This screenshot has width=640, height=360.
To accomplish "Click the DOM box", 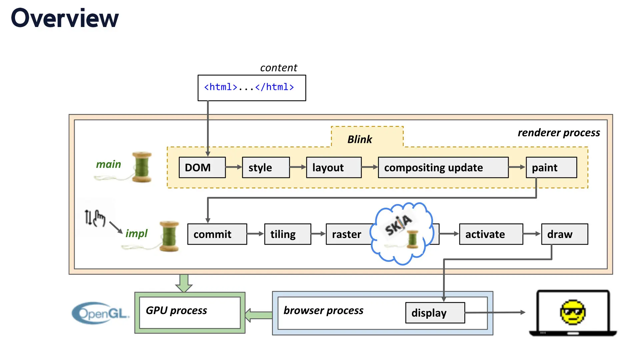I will point(202,167).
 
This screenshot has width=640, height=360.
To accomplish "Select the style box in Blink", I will point(266,167).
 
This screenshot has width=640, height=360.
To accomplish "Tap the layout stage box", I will point(333,167).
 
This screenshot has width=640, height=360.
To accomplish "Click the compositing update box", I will point(443,167).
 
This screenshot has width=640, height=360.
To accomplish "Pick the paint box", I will point(551,167).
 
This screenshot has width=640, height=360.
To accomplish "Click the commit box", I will point(217,234).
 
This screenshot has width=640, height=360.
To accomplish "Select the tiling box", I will point(287,234).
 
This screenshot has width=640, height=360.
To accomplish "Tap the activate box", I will point(491,234).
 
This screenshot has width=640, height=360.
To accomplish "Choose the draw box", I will point(564,234).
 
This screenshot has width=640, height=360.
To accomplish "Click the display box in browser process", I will point(435,313).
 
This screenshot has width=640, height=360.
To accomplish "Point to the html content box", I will point(252,88).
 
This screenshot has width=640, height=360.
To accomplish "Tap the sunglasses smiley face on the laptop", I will point(573,312).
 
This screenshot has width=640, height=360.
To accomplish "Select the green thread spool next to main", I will point(142,167).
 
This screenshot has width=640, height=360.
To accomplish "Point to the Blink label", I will point(359,139).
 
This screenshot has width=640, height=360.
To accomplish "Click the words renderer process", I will point(559,133).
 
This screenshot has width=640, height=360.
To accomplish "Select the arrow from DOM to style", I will point(234,167).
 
